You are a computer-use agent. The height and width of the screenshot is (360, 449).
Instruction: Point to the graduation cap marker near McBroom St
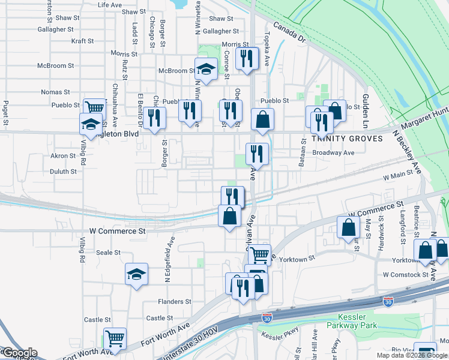(x=206, y=70)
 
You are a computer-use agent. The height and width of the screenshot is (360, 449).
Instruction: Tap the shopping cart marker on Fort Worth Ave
(x=115, y=338)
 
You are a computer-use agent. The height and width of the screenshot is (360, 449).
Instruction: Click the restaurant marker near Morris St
(x=247, y=58)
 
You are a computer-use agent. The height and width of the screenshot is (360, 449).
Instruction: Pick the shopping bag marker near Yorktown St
(x=425, y=251)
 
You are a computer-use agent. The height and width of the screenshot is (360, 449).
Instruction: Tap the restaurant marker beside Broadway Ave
(x=257, y=154)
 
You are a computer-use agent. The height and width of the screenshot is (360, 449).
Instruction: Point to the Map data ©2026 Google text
(x=412, y=355)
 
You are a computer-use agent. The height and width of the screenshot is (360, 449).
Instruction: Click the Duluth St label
(x=63, y=171)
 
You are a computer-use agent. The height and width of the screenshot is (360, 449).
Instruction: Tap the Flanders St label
(x=174, y=301)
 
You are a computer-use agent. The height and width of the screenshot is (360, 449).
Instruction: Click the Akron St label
(x=63, y=155)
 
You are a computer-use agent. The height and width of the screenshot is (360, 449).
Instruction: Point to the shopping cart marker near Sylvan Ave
(x=259, y=254)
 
